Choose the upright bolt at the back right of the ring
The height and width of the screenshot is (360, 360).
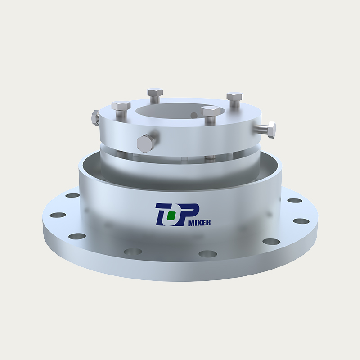tap(234, 99)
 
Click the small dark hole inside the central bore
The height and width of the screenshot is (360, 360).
tap(194, 115)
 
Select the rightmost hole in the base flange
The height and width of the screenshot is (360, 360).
tap(301, 221)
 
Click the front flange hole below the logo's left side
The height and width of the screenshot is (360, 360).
tap(132, 252)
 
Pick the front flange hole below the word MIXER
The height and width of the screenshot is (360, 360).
tap(207, 253)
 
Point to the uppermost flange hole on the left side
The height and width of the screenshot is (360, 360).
tap(72, 196)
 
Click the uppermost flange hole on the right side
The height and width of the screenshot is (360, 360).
tap(294, 201)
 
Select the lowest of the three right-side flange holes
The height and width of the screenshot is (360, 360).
tap(271, 242)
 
